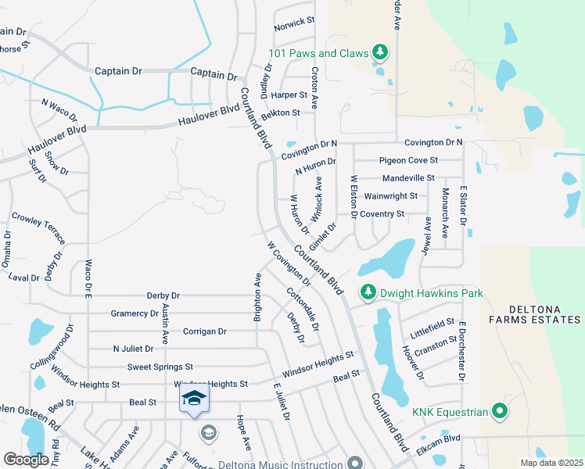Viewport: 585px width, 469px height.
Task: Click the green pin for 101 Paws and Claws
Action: (380, 53)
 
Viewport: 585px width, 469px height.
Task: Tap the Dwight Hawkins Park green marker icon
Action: (368, 292)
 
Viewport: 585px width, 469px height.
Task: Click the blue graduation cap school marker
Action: (194, 399)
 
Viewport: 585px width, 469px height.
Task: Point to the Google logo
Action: (26, 459)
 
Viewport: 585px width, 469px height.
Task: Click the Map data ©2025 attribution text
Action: (551, 463)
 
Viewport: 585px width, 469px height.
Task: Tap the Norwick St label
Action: (293, 20)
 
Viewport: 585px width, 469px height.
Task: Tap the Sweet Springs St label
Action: (160, 367)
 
